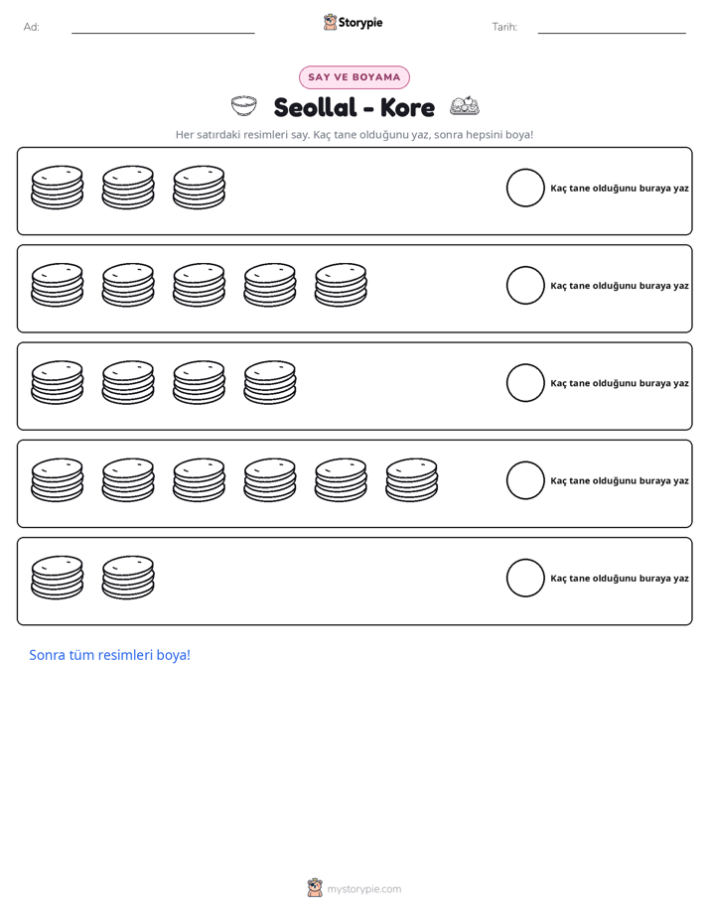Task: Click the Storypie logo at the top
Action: pyautogui.click(x=354, y=22)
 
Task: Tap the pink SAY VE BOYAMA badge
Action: pyautogui.click(x=354, y=77)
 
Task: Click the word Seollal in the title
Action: pyautogui.click(x=316, y=107)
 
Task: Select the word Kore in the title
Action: pyautogui.click(x=407, y=107)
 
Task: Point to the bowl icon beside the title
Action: pyautogui.click(x=244, y=106)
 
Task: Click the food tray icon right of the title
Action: pyautogui.click(x=465, y=105)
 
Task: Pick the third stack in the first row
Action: pyautogui.click(x=199, y=188)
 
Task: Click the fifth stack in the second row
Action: pyautogui.click(x=341, y=285)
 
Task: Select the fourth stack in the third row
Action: pyautogui.click(x=270, y=382)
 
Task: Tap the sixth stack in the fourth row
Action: pyautogui.click(x=412, y=480)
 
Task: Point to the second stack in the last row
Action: pyautogui.click(x=128, y=578)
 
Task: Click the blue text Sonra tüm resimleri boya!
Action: pyautogui.click(x=110, y=655)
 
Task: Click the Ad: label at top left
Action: pyautogui.click(x=32, y=27)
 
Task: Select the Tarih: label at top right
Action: pyautogui.click(x=504, y=27)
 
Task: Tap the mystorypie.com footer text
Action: pyautogui.click(x=363, y=889)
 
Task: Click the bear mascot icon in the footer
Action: pyautogui.click(x=315, y=888)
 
